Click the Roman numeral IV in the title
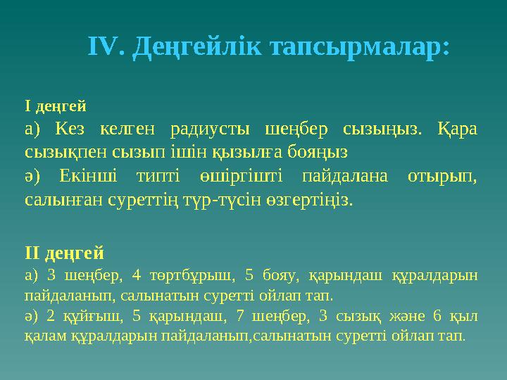click(106, 47)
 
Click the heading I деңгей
click(56, 107)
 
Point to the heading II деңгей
click(64, 252)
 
